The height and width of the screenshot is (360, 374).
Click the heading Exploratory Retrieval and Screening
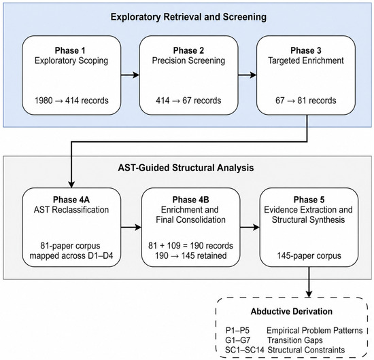pyautogui.click(x=188, y=17)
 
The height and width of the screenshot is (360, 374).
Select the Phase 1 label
pyautogui.click(x=70, y=50)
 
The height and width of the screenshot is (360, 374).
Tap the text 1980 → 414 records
pyautogui.click(x=71, y=101)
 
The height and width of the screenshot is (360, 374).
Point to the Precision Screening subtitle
pyautogui.click(x=188, y=60)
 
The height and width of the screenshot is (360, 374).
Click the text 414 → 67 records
pyautogui.click(x=188, y=101)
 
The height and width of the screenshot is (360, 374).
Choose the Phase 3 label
pyautogui.click(x=306, y=50)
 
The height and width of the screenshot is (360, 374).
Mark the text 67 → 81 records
pyautogui.click(x=306, y=101)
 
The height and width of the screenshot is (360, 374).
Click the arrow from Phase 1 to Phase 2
pyautogui.click(x=131, y=75)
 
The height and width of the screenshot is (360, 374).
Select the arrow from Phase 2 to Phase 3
pyautogui.click(x=248, y=75)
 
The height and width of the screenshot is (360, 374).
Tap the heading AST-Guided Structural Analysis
pyautogui.click(x=186, y=168)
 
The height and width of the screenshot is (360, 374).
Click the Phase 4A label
pyautogui.click(x=71, y=200)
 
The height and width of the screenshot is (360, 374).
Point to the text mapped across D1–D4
pyautogui.click(x=71, y=255)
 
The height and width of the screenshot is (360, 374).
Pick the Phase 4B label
pyautogui.click(x=191, y=200)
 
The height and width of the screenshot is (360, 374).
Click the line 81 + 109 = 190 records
pyautogui.click(x=191, y=245)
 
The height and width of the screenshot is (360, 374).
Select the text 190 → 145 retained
pyautogui.click(x=191, y=255)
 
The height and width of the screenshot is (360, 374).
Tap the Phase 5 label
pyautogui.click(x=309, y=200)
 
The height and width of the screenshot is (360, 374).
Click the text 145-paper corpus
pyautogui.click(x=309, y=255)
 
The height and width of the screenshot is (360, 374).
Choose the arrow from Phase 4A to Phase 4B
pyautogui.click(x=131, y=228)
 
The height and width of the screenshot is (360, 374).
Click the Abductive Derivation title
pyautogui.click(x=292, y=311)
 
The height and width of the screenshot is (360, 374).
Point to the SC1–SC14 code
pyautogui.click(x=245, y=350)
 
